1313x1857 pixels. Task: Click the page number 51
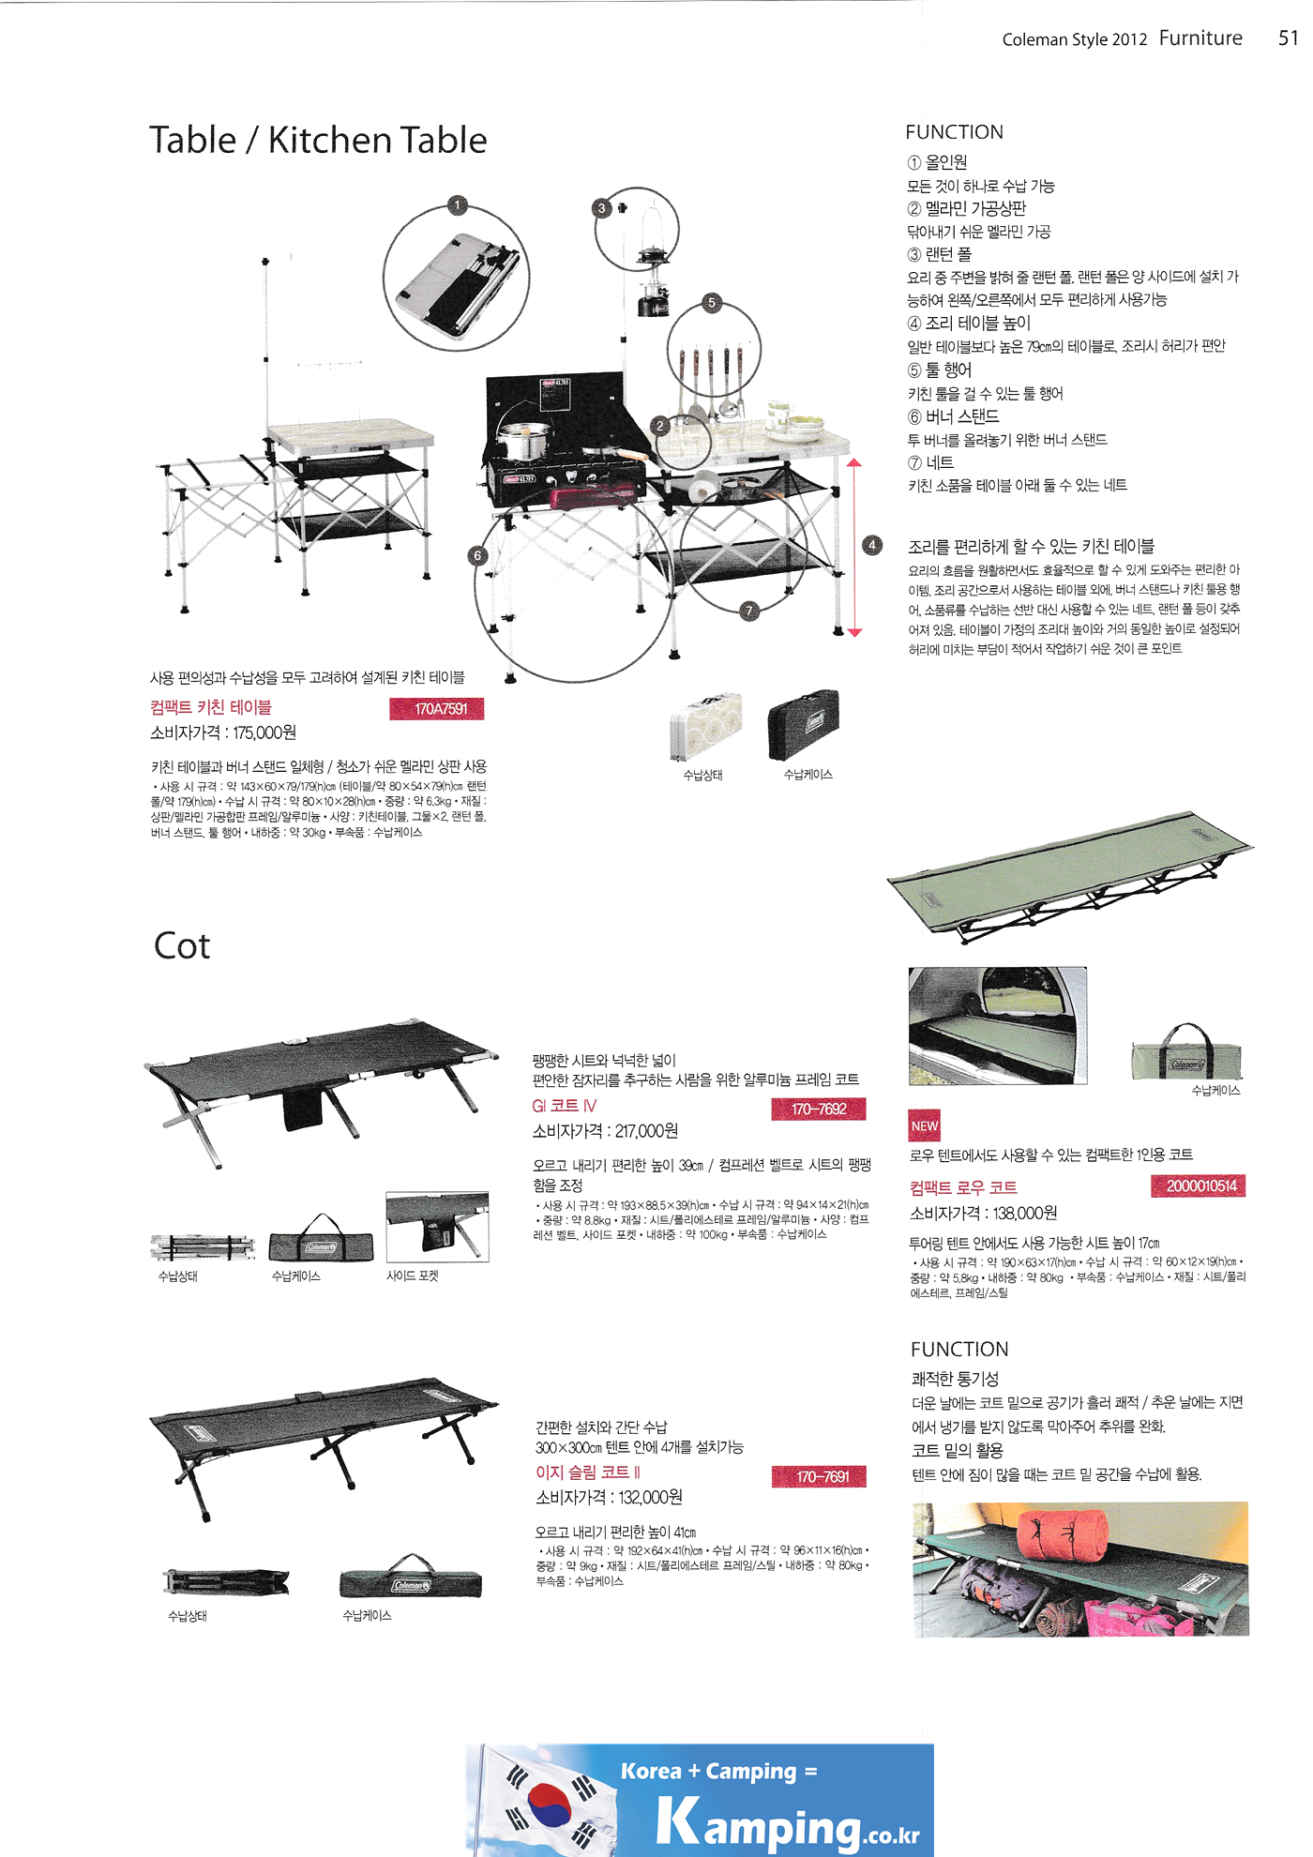pyautogui.click(x=1287, y=38)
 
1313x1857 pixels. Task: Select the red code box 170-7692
pyautogui.click(x=818, y=1109)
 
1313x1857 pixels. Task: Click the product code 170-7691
pyautogui.click(x=820, y=1476)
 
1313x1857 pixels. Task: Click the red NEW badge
pyautogui.click(x=924, y=1125)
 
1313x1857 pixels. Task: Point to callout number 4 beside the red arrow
pyautogui.click(x=872, y=545)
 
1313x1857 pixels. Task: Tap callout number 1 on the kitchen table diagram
pyautogui.click(x=457, y=205)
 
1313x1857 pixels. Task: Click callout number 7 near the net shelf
pyautogui.click(x=748, y=611)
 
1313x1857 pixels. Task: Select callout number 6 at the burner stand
pyautogui.click(x=477, y=555)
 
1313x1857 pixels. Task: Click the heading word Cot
pyautogui.click(x=182, y=945)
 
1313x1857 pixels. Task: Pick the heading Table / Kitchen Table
pyautogui.click(x=318, y=141)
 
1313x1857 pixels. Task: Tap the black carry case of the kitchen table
pyautogui.click(x=804, y=725)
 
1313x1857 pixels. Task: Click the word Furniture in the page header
pyautogui.click(x=1200, y=38)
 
